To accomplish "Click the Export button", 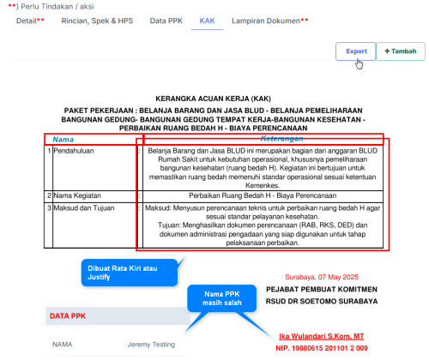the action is coord(355,51).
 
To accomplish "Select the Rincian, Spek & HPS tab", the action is coord(97,19).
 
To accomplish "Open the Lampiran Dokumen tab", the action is coord(268,19).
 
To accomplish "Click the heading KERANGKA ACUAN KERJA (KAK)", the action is coord(214,99).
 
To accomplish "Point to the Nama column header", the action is coord(63,139).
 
